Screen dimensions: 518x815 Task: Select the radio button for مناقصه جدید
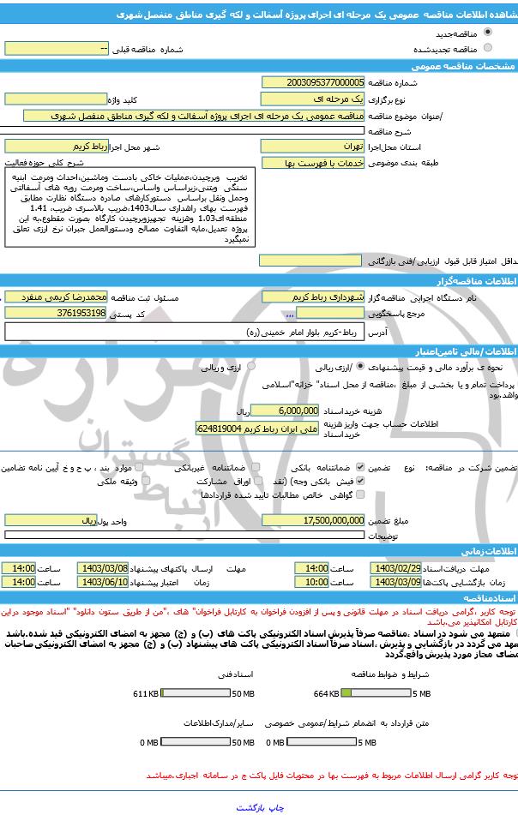[488, 32]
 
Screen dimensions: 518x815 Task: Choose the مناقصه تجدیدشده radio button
[488, 49]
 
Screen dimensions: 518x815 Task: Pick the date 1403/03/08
[103, 568]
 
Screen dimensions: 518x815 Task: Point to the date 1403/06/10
[103, 582]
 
